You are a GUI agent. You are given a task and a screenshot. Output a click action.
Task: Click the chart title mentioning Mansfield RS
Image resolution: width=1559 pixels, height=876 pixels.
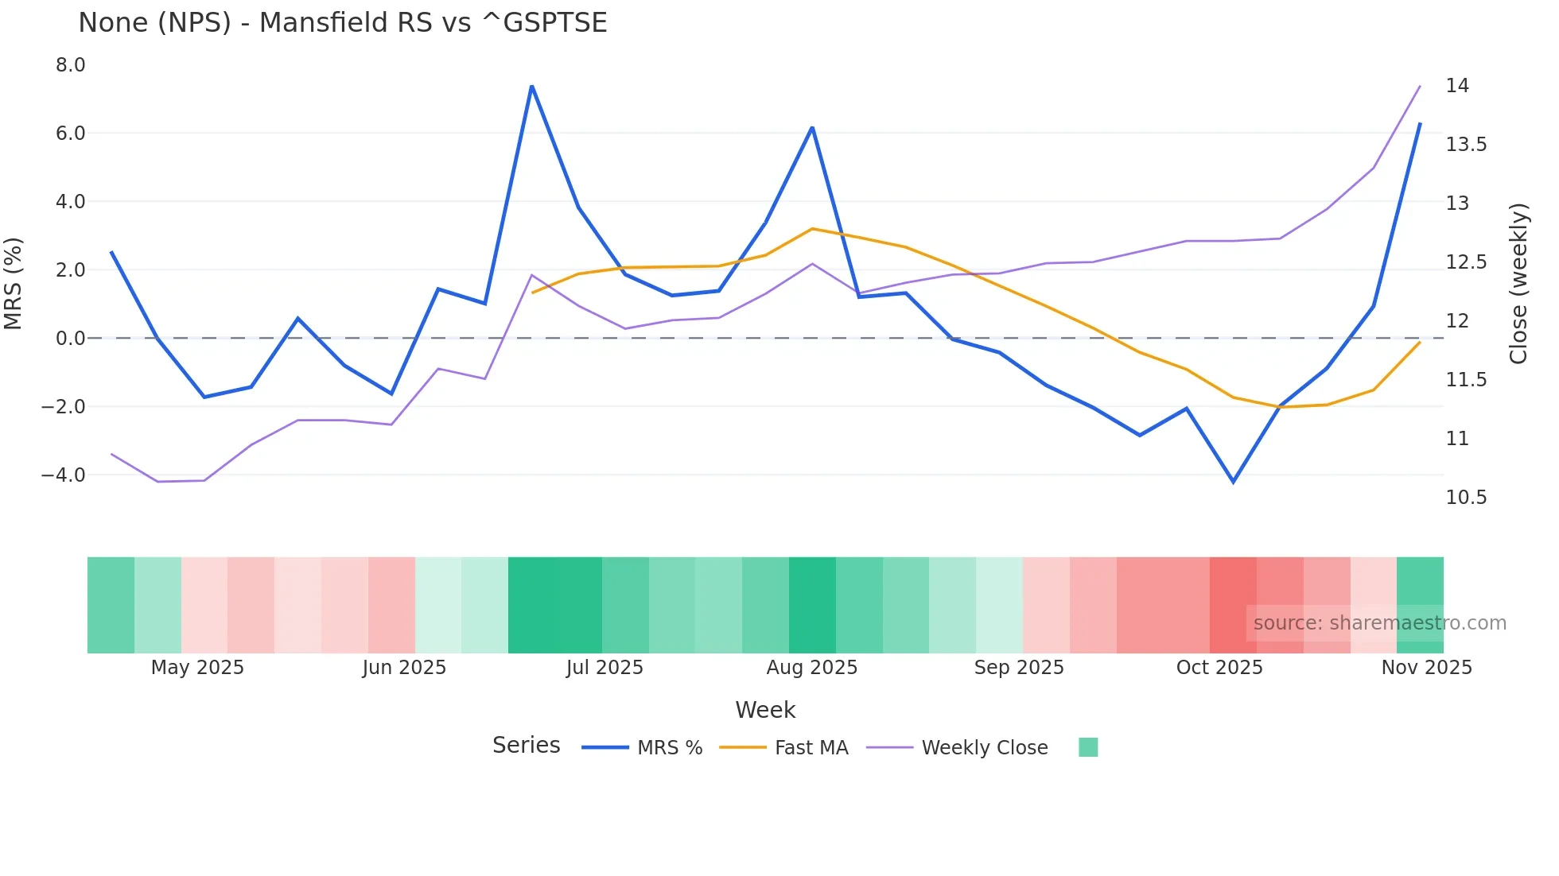click(x=342, y=22)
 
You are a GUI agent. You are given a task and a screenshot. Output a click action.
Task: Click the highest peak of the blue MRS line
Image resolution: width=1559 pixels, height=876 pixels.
click(x=531, y=86)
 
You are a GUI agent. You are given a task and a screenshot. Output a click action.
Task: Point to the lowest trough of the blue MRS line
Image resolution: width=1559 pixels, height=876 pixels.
click(x=1233, y=482)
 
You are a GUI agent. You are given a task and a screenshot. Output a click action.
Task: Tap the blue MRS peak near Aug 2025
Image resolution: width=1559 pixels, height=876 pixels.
click(x=812, y=127)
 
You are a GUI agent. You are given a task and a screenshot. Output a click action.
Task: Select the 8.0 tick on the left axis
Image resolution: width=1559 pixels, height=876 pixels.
click(x=70, y=65)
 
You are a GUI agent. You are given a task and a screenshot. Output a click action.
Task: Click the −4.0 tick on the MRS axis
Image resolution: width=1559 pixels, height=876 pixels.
click(x=64, y=475)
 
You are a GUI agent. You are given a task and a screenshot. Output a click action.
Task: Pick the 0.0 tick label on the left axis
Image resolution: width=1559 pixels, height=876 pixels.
click(x=70, y=338)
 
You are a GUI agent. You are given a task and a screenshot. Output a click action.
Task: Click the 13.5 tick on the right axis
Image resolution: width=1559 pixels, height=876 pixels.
click(x=1466, y=144)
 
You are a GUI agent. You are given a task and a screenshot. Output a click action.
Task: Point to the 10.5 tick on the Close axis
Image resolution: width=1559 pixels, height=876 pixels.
click(x=1466, y=497)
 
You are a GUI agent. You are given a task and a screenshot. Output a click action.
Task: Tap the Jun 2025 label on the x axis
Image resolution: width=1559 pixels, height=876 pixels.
click(x=404, y=667)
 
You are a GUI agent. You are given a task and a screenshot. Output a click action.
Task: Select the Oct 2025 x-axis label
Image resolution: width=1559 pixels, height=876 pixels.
click(x=1219, y=667)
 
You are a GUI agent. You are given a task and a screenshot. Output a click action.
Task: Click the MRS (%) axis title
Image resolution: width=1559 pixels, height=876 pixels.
click(x=14, y=283)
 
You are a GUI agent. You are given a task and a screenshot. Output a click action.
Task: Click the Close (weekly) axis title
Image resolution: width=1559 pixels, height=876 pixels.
click(x=1518, y=283)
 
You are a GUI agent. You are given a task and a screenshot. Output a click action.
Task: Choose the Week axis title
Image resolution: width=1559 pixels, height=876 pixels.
click(x=765, y=710)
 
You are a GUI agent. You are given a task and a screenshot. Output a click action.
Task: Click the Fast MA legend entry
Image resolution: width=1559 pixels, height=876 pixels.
click(x=811, y=747)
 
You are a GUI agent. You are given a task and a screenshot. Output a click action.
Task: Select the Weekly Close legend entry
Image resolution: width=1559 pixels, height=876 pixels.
click(x=984, y=747)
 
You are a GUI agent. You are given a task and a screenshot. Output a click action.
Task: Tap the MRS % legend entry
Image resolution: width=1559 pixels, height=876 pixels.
click(x=670, y=747)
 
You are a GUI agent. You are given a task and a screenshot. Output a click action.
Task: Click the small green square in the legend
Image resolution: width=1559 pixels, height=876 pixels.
click(x=1088, y=747)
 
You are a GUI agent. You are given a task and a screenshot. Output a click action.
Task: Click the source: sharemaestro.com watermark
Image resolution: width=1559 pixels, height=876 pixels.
click(x=1379, y=623)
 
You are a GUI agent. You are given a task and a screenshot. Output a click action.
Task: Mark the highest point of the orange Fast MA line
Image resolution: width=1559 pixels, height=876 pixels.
click(x=812, y=229)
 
